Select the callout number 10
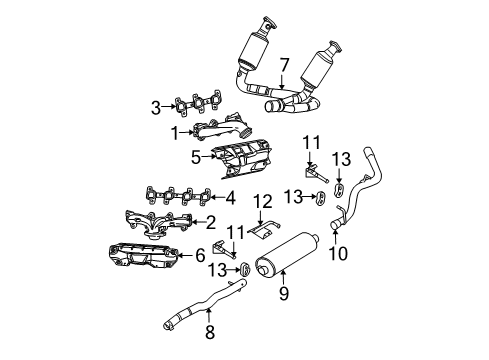tap(339, 253)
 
